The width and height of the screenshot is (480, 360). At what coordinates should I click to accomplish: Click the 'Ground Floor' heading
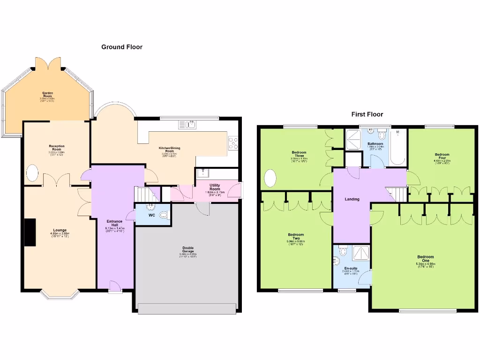122,47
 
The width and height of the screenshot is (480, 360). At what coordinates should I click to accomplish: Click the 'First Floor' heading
367,114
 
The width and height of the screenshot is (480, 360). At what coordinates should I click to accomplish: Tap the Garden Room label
48,95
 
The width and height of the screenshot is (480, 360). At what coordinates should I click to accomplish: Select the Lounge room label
60,231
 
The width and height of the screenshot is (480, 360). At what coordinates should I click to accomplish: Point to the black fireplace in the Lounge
30,232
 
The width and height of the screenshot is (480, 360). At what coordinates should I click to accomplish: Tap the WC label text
151,216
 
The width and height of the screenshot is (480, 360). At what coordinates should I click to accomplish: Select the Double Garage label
188,250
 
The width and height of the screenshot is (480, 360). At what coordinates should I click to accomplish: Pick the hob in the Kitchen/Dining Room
233,143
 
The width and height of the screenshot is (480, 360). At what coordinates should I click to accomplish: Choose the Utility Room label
212,187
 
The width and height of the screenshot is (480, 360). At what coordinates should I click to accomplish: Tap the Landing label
352,199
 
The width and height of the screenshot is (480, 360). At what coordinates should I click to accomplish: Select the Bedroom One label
426,259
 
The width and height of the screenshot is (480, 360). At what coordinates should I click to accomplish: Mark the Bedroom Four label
442,156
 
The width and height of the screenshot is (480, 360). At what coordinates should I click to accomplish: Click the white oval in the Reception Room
32,173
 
